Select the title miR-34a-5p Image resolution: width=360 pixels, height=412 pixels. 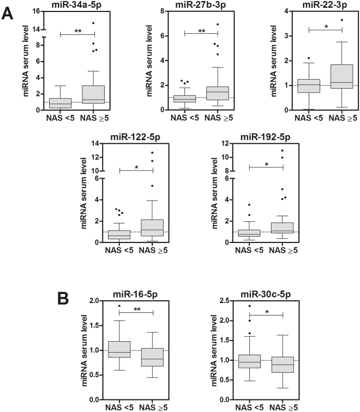point(77,5)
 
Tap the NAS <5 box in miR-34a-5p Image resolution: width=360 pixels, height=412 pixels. point(60,103)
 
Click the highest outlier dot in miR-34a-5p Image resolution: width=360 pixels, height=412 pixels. point(93,23)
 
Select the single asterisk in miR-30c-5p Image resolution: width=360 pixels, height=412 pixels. point(266,311)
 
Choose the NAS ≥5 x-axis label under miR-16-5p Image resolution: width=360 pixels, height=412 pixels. point(154,406)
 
